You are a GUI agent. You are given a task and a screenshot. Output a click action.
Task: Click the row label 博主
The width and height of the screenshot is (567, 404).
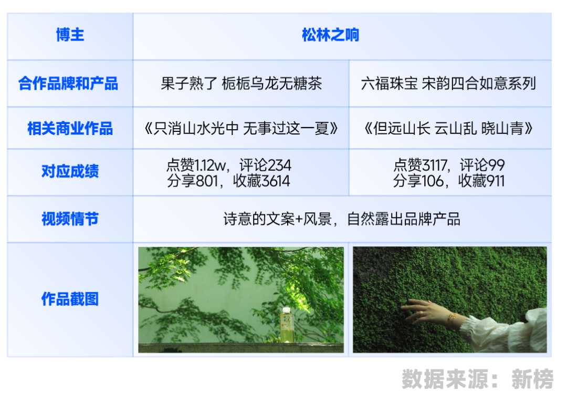click(x=70, y=35)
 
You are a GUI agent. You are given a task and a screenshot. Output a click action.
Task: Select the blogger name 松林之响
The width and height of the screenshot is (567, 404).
click(x=331, y=35)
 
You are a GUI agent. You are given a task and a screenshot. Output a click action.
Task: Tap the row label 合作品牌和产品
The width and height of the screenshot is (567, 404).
click(x=68, y=83)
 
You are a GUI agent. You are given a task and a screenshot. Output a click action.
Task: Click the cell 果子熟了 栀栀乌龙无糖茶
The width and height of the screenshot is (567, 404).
click(x=241, y=84)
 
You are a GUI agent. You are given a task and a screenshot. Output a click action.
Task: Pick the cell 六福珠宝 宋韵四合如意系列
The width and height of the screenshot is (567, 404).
click(x=448, y=84)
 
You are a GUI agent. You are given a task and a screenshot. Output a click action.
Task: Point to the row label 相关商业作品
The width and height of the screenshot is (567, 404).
click(x=70, y=129)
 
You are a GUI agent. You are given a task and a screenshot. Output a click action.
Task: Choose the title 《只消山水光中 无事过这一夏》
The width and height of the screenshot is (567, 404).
click(x=241, y=129)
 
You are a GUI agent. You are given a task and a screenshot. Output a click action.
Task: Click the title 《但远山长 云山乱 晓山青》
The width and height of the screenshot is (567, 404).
click(x=448, y=129)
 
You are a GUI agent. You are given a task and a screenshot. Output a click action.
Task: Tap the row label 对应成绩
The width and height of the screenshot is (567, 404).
click(x=70, y=171)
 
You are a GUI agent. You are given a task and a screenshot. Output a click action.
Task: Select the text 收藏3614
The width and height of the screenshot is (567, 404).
click(x=261, y=181)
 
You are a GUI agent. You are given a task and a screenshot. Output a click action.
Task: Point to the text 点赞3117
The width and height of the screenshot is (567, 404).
click(x=420, y=165)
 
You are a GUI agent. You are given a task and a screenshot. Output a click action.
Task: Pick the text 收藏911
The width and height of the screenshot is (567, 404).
click(x=481, y=181)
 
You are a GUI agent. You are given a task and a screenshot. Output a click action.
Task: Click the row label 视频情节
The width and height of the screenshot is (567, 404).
click(x=70, y=219)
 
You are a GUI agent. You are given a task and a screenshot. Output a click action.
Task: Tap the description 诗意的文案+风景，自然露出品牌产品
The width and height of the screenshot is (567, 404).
click(x=342, y=219)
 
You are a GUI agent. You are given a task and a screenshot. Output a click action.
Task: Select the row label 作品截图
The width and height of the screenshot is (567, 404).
click(x=70, y=299)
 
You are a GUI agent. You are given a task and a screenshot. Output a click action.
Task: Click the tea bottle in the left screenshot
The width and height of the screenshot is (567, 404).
click(x=287, y=325)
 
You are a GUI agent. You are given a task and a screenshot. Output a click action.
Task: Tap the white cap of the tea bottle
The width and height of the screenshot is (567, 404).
click(x=287, y=310)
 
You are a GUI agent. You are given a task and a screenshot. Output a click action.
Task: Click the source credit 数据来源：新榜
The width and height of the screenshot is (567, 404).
click(x=477, y=379)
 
